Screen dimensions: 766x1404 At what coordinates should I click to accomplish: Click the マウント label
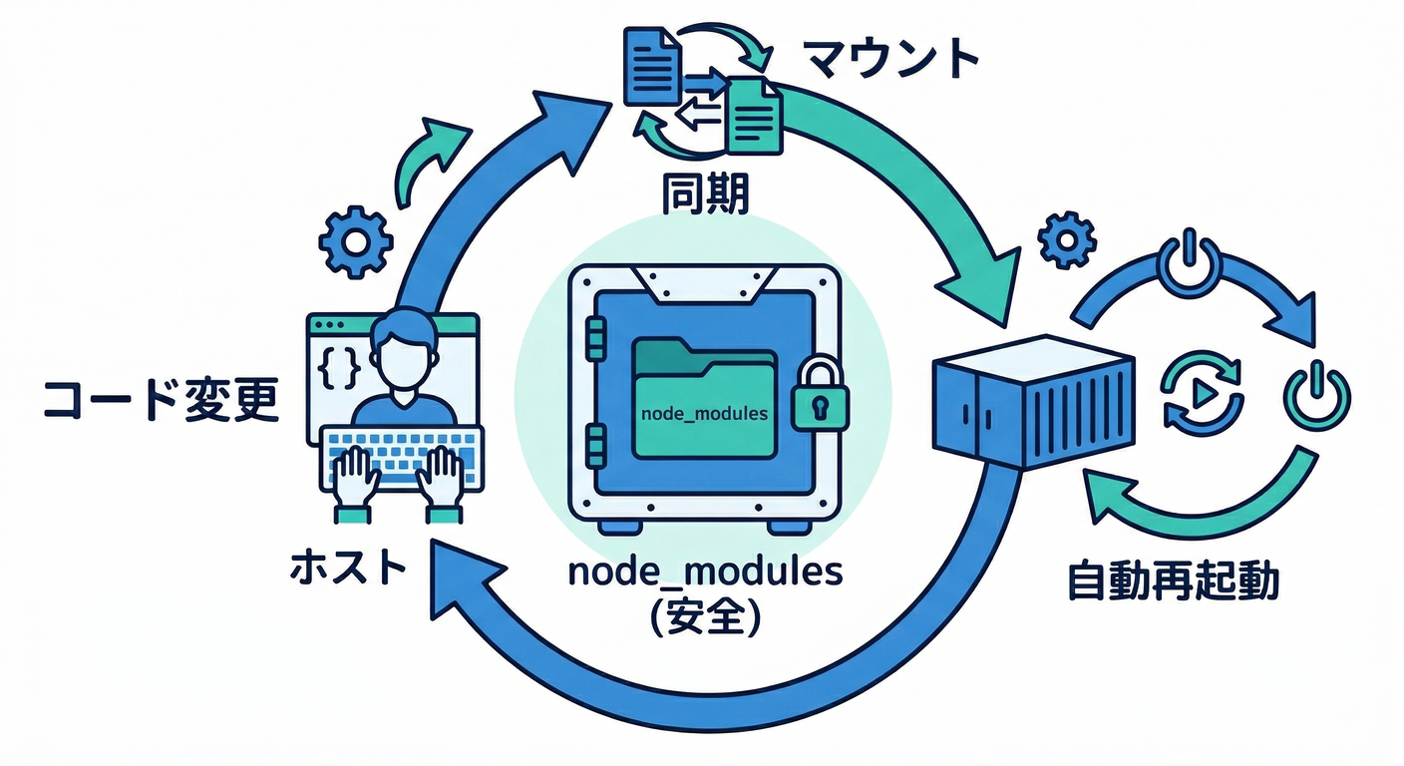(890, 60)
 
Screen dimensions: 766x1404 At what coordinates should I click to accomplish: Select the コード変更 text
(161, 401)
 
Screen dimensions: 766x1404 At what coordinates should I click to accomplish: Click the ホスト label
(348, 569)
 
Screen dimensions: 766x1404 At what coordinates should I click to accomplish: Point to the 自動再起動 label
(1173, 580)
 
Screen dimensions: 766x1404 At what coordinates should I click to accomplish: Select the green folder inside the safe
(704, 399)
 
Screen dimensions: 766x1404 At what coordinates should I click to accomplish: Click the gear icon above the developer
(354, 241)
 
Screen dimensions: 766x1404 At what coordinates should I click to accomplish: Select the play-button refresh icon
(1204, 391)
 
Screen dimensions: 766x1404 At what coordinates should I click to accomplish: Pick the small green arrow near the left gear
(431, 160)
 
